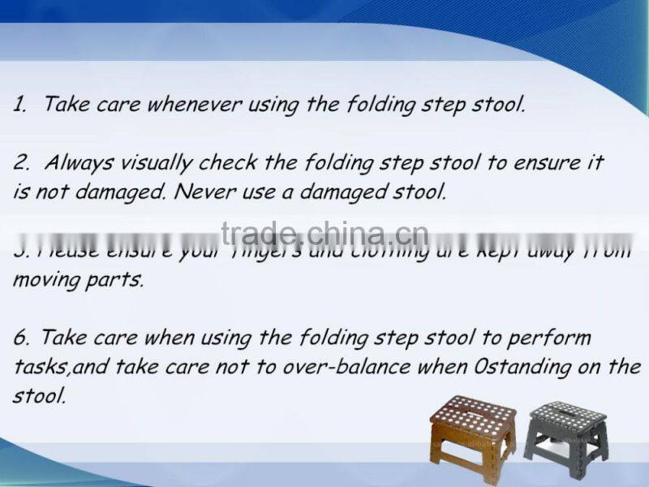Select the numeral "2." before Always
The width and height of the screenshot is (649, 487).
[x=22, y=162]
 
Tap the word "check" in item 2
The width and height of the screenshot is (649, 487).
[x=230, y=162]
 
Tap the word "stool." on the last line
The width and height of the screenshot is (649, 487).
[x=38, y=397]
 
